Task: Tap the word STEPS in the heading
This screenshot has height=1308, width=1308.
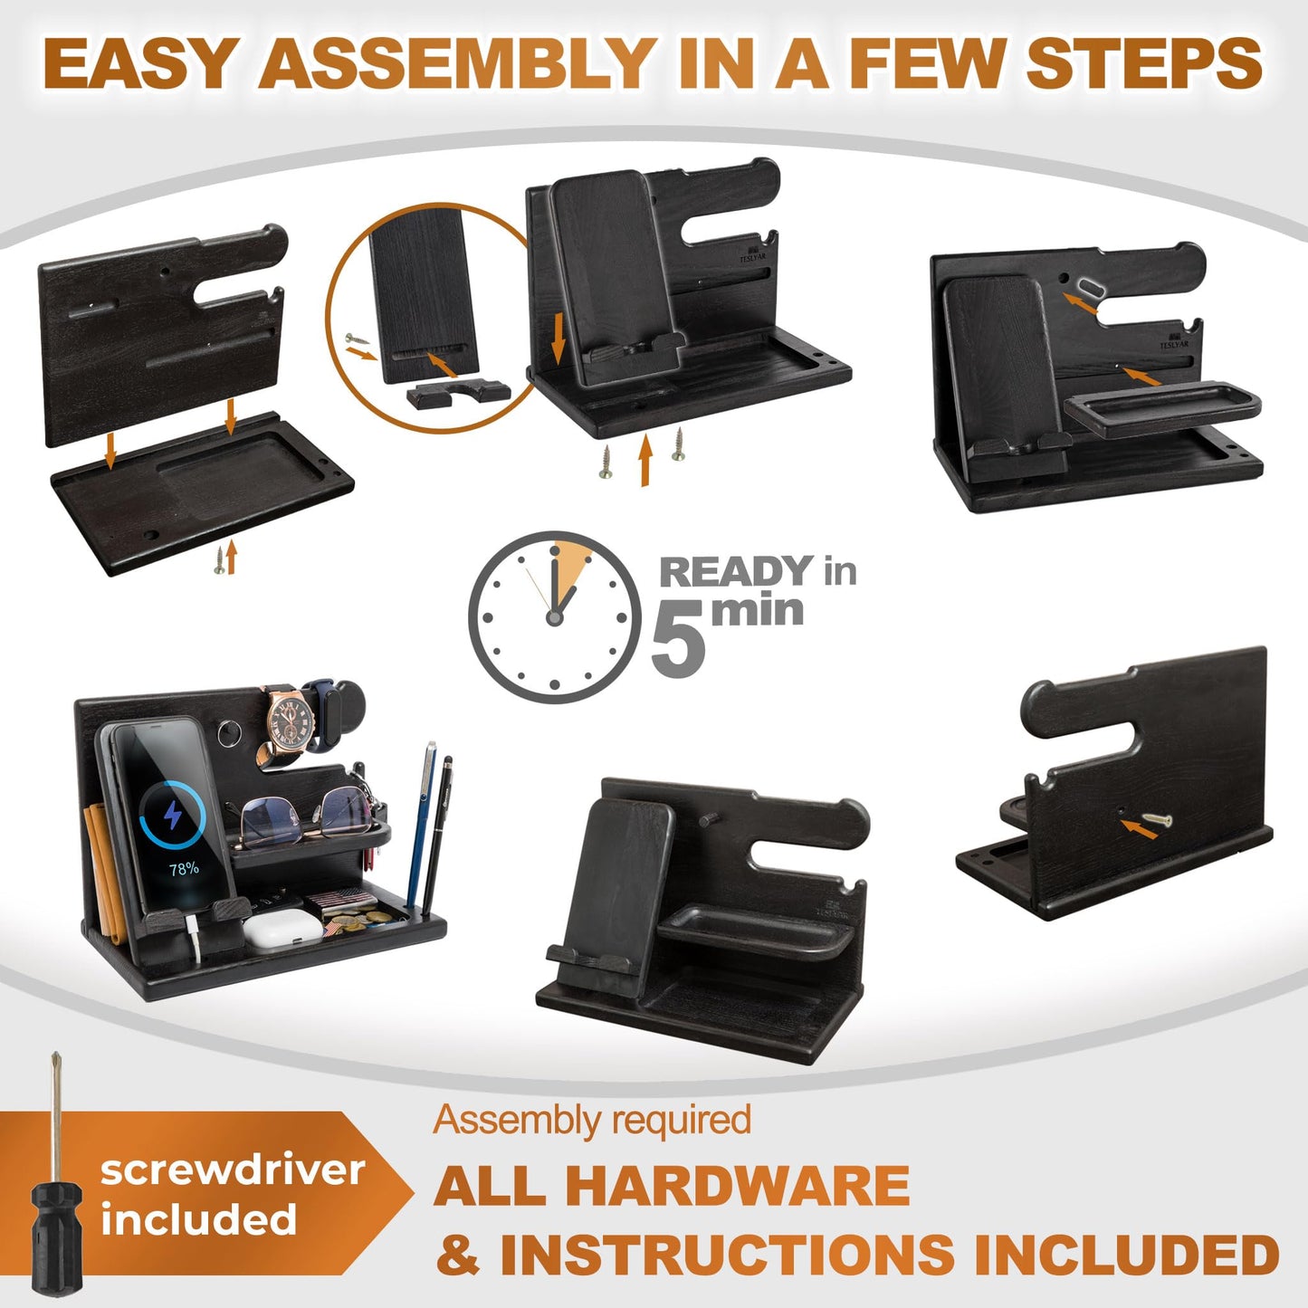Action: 1144,63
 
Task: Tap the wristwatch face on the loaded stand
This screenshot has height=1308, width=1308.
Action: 291,723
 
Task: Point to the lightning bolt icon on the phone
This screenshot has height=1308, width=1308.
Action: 173,815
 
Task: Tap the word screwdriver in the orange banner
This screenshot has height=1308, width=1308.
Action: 233,1171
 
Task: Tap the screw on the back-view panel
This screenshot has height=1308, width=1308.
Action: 1157,820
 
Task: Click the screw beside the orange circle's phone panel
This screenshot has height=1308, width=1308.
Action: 357,338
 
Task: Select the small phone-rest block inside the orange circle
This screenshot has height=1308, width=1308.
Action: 458,393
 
